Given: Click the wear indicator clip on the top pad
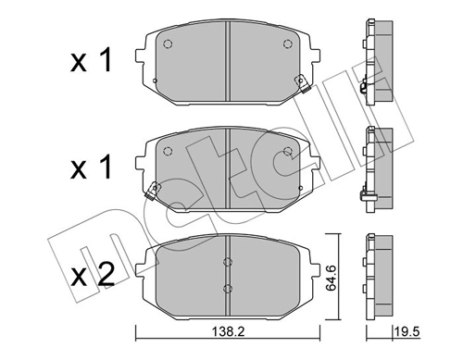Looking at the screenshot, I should (301, 85).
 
